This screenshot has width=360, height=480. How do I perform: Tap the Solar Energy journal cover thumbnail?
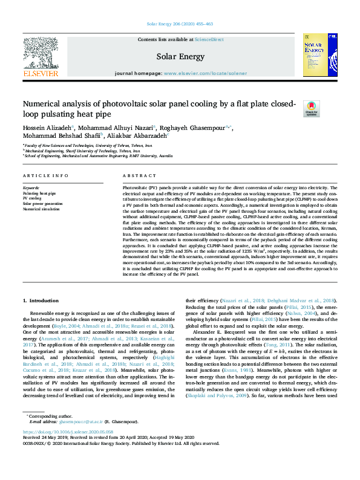[x=319, y=57]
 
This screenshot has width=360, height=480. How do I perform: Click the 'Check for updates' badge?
[x=294, y=109]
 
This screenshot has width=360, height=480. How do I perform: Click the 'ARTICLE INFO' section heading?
[x=45, y=175]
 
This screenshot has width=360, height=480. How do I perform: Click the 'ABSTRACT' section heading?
[x=139, y=175]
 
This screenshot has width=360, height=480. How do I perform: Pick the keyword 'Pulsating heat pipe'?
[x=39, y=193]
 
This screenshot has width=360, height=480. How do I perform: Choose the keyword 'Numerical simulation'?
[x=41, y=209]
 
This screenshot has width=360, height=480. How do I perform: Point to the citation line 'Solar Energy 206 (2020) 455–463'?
[x=180, y=24]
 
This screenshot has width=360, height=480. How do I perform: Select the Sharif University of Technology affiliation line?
[x=79, y=151]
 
